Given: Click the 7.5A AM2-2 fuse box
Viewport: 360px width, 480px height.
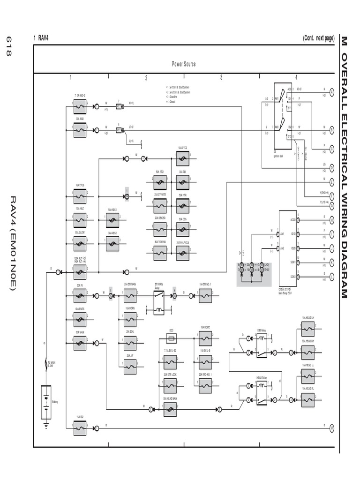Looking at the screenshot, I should coord(80,106).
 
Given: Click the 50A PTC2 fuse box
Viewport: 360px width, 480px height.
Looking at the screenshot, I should coord(183,159).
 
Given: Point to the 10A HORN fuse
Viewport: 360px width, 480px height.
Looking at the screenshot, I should coord(130,319).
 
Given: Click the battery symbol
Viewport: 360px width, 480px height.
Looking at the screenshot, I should coord(46,402).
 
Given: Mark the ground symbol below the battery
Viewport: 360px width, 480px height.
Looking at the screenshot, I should coord(46,425).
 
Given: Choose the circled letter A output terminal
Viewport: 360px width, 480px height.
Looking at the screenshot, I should coord(331,92).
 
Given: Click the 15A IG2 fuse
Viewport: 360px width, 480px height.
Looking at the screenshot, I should coord(80,428).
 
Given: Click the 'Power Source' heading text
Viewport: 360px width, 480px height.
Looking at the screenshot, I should coord(184,64).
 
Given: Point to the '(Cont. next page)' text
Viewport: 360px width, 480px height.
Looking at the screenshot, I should coord(318,38).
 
